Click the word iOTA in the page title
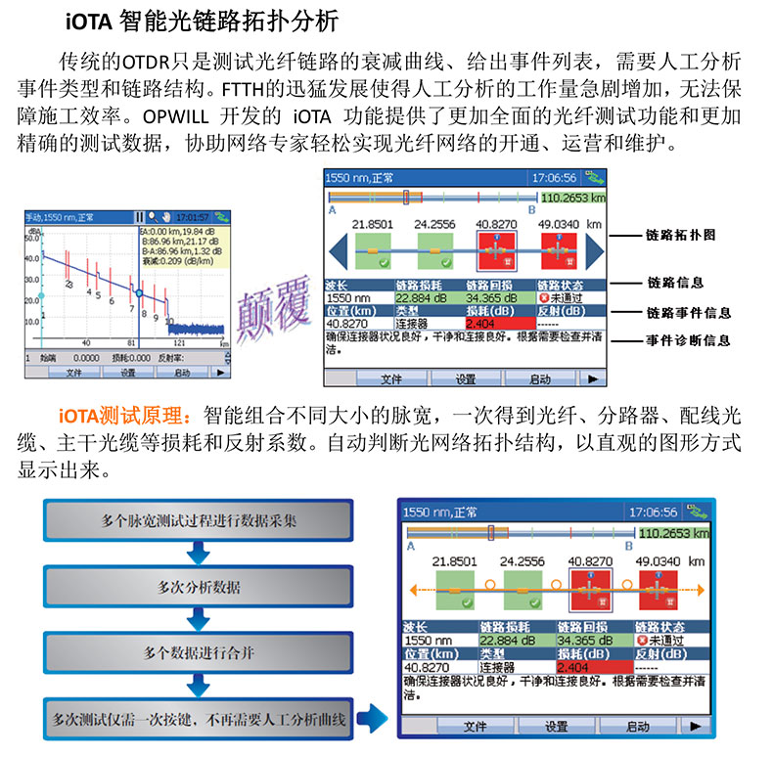click(x=91, y=20)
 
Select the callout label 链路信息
click(x=675, y=283)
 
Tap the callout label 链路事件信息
click(x=689, y=313)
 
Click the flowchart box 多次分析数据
click(x=199, y=587)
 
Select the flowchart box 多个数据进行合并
click(x=199, y=652)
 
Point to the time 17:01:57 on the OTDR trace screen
click(x=191, y=216)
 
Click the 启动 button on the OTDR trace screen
click(x=182, y=373)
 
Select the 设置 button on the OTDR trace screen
click(x=127, y=373)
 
